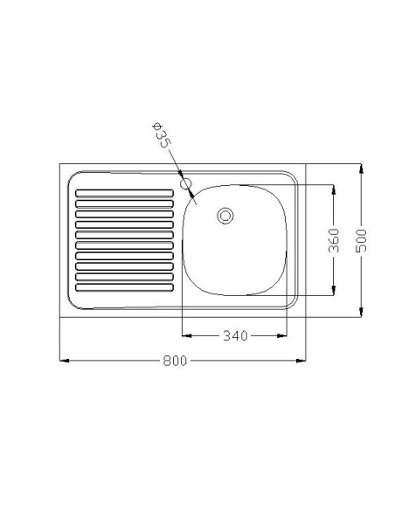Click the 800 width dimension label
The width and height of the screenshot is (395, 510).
[175, 361]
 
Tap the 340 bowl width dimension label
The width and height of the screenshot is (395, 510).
[236, 335]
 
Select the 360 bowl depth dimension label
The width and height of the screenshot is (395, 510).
[334, 240]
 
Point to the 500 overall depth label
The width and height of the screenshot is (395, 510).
[361, 240]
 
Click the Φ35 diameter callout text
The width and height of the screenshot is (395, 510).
[162, 135]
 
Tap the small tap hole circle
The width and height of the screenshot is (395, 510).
[185, 183]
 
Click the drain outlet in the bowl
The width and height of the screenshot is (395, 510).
[225, 216]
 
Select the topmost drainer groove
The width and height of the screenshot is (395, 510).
[124, 193]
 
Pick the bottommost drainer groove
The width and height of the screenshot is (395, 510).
[124, 287]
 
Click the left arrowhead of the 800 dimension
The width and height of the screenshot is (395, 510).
[64, 361]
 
